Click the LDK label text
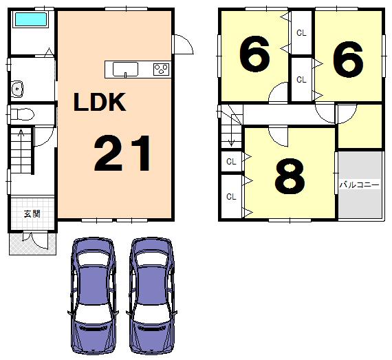100,103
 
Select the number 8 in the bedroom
289,178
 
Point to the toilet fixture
21,112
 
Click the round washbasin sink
18,89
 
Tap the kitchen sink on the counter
124,69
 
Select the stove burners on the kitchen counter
161,69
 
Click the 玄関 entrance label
32,213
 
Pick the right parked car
152,294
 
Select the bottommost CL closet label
231,197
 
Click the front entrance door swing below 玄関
30,237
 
